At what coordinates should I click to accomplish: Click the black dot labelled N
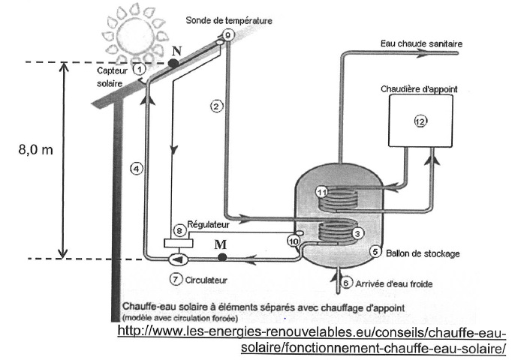[x=173, y=63]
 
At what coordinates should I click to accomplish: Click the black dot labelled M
[x=222, y=257]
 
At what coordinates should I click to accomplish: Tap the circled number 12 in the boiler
[x=420, y=121]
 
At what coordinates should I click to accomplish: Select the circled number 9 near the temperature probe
[x=227, y=34]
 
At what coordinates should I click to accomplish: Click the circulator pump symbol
[x=179, y=259]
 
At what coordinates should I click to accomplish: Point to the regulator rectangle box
[x=179, y=243]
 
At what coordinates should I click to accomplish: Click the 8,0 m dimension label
[x=36, y=150]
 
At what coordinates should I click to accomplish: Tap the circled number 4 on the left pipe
[x=137, y=169]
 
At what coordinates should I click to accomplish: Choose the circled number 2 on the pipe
[x=216, y=106]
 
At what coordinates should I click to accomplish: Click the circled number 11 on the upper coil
[x=322, y=192]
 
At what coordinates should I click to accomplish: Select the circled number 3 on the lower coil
[x=357, y=233]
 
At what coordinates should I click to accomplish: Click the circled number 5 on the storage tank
[x=375, y=252]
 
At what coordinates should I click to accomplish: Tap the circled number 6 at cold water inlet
[x=346, y=283]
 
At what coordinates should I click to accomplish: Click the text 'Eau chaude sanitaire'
[x=421, y=43]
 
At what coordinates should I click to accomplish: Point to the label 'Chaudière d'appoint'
[x=419, y=89]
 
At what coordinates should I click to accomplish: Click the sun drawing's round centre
[x=135, y=36]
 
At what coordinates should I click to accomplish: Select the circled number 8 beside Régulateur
[x=179, y=230]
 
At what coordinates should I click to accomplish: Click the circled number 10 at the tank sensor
[x=294, y=241]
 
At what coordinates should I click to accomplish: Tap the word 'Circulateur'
[x=206, y=280]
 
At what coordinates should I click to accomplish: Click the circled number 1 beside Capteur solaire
[x=140, y=69]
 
